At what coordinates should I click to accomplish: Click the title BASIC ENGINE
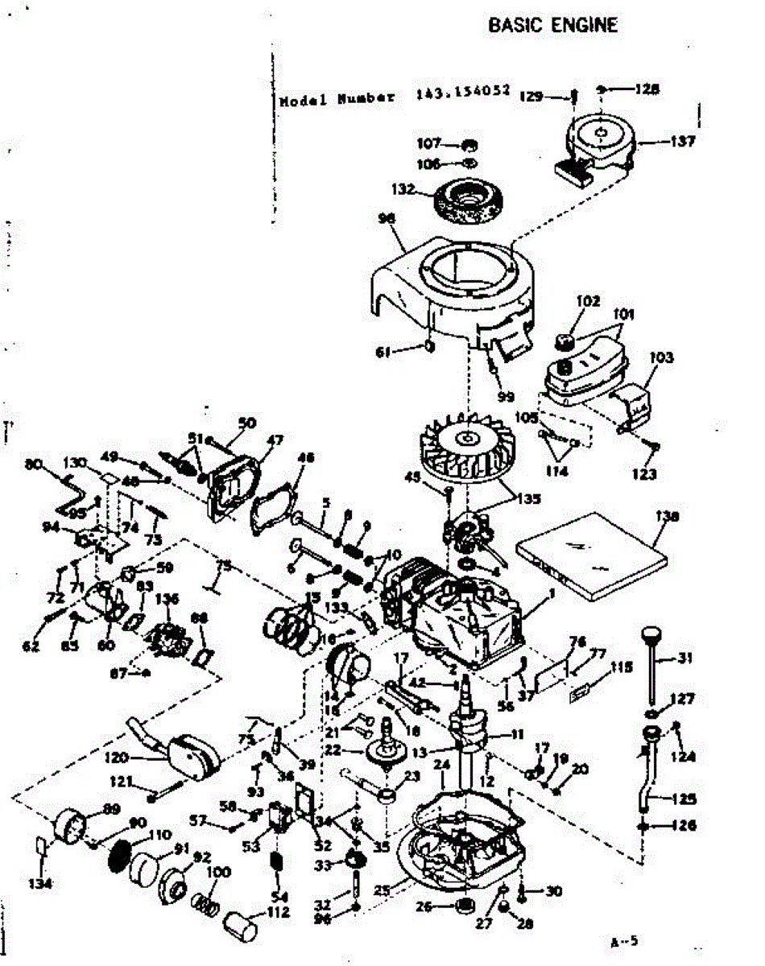pyautogui.click(x=553, y=25)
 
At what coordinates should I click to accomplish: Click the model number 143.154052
pyautogui.click(x=463, y=93)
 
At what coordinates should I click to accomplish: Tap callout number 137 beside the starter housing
pyautogui.click(x=683, y=142)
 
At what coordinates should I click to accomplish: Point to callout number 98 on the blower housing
pyautogui.click(x=387, y=218)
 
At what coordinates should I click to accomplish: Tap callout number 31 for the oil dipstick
pyautogui.click(x=684, y=658)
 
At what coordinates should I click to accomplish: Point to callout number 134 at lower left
pyautogui.click(x=40, y=884)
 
